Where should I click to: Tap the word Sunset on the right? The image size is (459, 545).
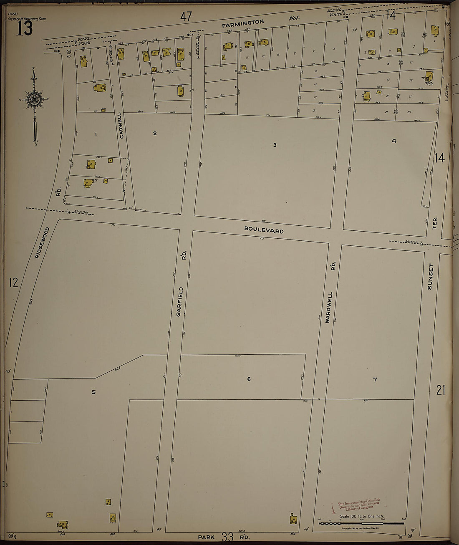click(430, 277)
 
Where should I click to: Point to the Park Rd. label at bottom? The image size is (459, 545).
click(225, 537)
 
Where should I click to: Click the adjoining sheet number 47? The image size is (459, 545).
click(186, 16)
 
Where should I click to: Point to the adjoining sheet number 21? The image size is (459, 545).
click(441, 390)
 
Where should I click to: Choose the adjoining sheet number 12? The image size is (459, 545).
click(13, 283)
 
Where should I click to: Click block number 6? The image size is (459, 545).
click(249, 379)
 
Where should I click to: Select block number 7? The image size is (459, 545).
click(375, 379)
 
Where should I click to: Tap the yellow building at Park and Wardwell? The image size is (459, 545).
click(293, 519)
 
